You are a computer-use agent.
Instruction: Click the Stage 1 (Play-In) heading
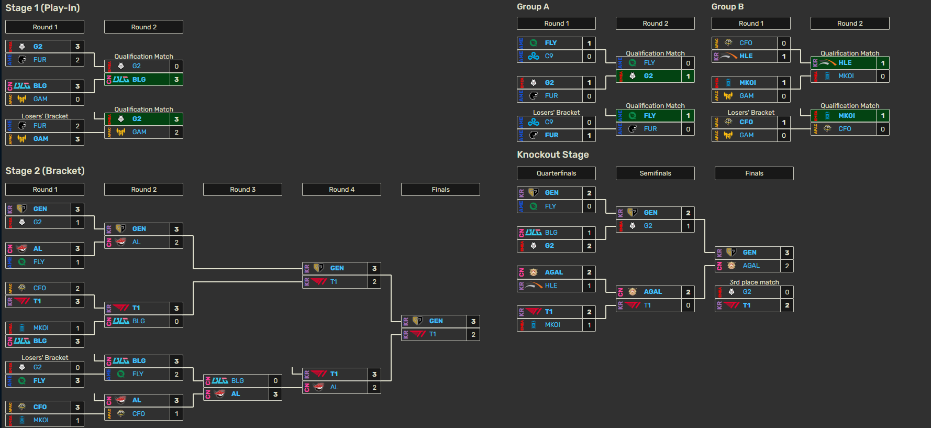[42, 8]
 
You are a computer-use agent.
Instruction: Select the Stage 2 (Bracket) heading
[45, 171]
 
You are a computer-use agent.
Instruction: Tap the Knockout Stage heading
[552, 155]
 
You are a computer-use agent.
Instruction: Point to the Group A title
[533, 7]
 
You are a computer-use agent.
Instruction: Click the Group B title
[727, 7]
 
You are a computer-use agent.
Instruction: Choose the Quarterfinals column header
[556, 173]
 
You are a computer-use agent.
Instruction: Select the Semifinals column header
[655, 173]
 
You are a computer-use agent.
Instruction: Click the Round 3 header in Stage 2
[242, 190]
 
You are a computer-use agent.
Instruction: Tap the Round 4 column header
[341, 190]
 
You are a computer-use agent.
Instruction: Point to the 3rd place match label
[754, 282]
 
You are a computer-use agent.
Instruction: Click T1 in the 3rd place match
[747, 305]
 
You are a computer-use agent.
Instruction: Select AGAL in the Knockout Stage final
[751, 266]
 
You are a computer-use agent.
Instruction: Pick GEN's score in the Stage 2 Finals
[473, 321]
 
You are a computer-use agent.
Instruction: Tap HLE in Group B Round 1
[746, 56]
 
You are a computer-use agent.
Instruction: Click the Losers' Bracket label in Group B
[750, 113]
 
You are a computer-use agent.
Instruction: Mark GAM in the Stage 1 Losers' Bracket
[41, 139]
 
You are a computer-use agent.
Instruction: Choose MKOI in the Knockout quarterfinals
[552, 325]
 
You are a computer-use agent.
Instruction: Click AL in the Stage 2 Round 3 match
[236, 394]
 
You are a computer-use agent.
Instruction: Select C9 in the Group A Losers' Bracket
[549, 122]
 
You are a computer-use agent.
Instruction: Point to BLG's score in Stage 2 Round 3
[275, 381]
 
